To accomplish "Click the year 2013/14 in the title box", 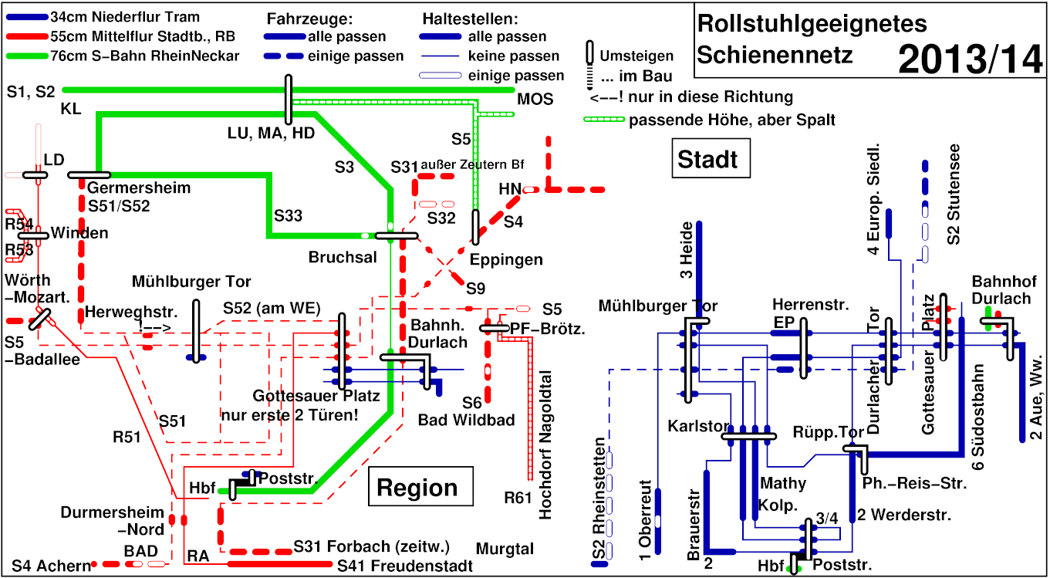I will tap(970, 58).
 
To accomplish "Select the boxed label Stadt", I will tap(707, 159).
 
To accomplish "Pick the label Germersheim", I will tap(139, 188).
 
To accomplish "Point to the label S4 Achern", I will tap(51, 566).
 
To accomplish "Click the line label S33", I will tap(288, 217).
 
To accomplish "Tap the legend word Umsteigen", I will tap(636, 56).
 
